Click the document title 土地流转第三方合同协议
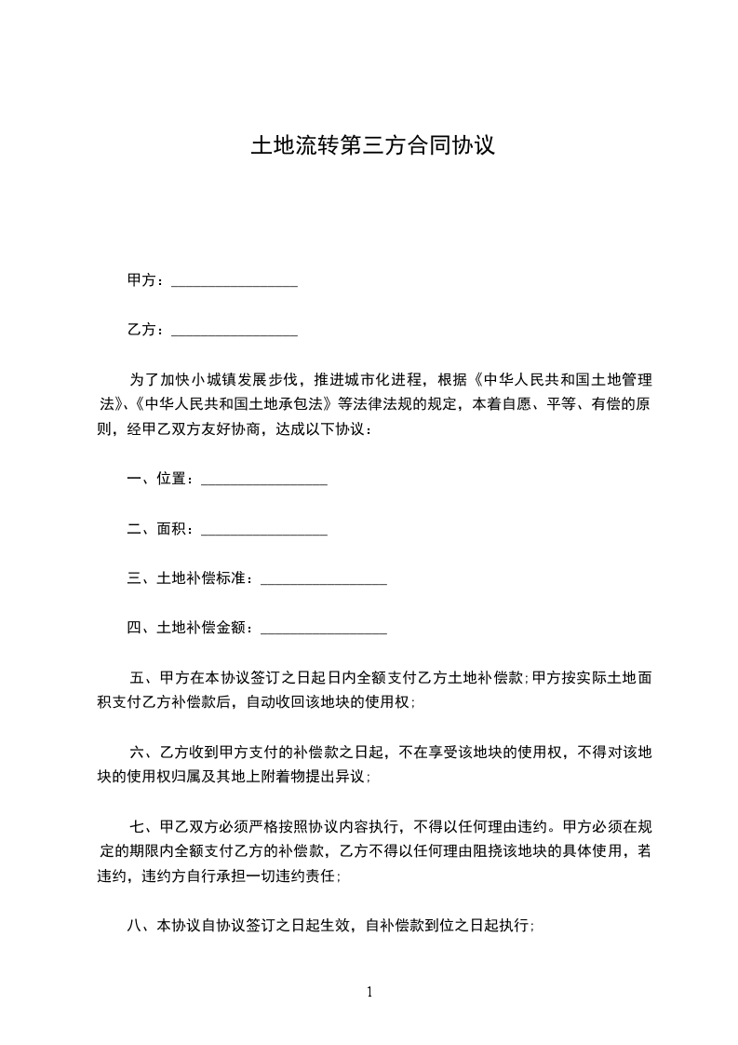coord(370,146)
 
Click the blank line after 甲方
coord(235,282)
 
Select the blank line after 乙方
coord(235,332)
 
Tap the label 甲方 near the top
coord(141,280)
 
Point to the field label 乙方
coord(141,330)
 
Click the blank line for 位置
coord(264,482)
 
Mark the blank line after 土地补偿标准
coord(324,581)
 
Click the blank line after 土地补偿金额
coord(324,631)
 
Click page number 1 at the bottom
coord(369,992)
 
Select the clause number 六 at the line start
coord(139,752)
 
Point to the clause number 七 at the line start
coord(139,826)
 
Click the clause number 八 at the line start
coord(134,926)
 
